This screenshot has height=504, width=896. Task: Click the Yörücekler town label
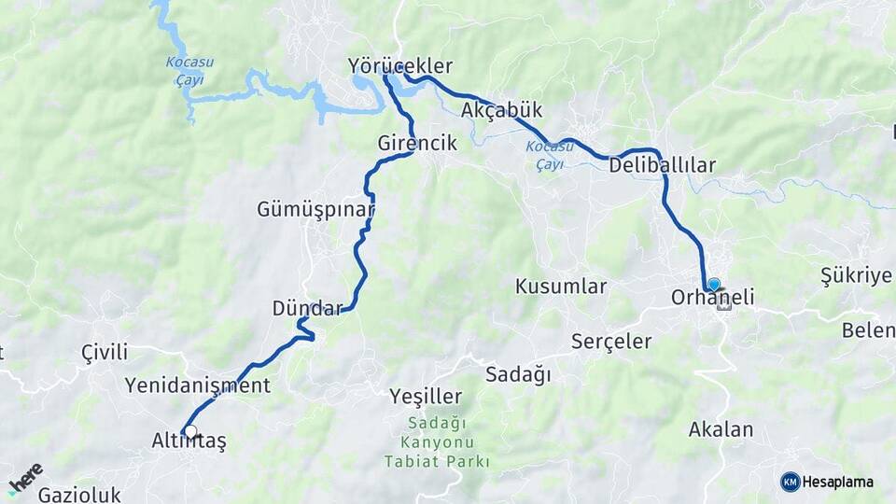coord(399,66)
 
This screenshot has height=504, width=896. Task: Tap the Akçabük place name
coord(501,110)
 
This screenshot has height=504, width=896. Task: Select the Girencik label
coord(417,144)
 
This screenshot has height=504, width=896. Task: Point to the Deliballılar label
coord(662,166)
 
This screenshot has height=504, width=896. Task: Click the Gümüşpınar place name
coord(315,210)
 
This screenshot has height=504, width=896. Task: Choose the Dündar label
coord(307,308)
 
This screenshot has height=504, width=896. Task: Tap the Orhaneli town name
coord(712,299)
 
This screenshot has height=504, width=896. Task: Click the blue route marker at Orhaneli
coord(714,284)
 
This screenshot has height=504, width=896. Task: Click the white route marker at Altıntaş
coord(190,431)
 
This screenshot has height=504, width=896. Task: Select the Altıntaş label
coord(189,441)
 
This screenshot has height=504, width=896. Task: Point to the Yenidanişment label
coord(198,385)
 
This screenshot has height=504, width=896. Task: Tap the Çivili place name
coord(105,353)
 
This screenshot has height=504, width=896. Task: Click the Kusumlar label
coord(561,287)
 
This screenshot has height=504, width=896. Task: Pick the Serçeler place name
coord(611,342)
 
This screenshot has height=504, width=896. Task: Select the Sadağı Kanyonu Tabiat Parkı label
coord(436,441)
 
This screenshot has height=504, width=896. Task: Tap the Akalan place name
coord(721,430)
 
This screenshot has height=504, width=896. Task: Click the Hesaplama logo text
coord(836,483)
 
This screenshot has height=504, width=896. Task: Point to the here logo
coord(26,479)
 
